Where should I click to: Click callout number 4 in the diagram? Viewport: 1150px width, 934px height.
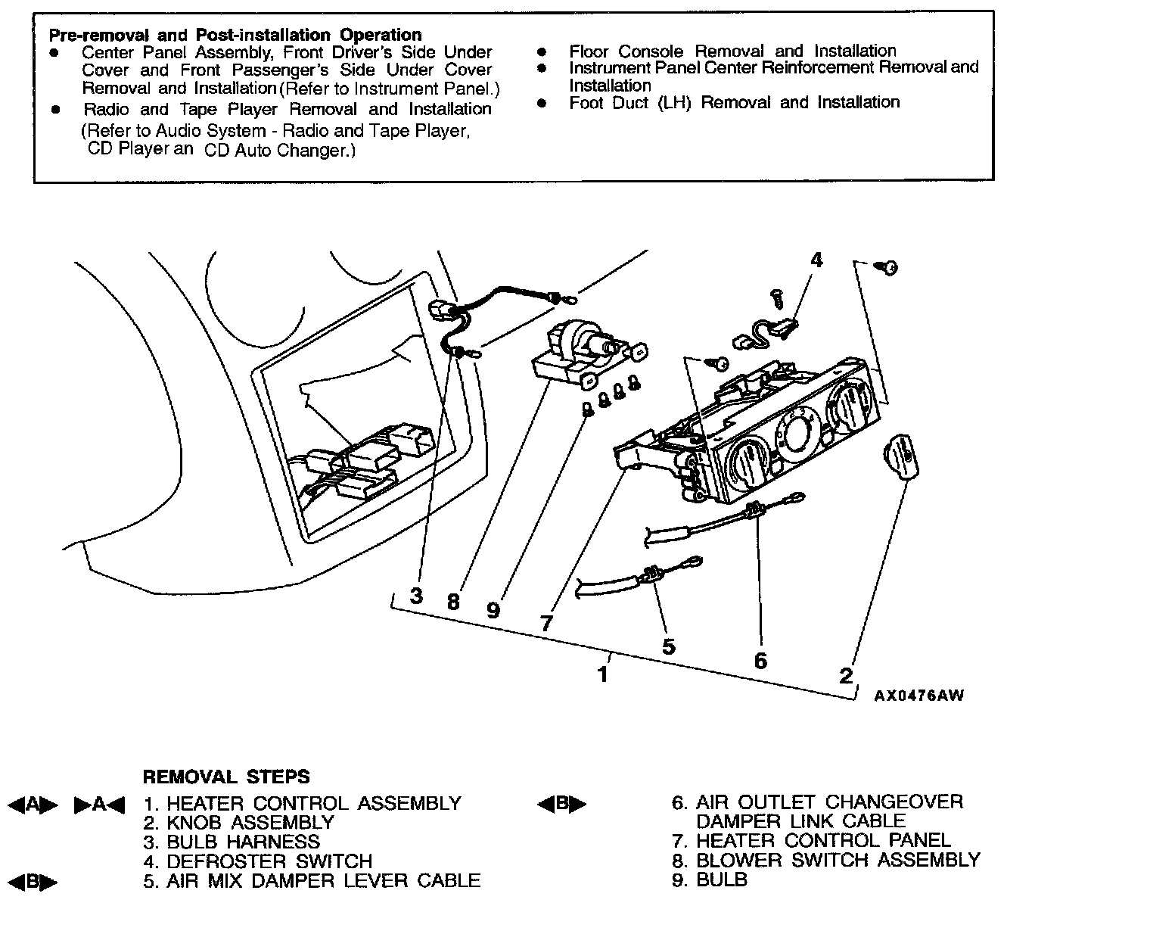[816, 260]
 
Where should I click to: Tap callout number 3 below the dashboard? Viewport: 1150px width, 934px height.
[416, 596]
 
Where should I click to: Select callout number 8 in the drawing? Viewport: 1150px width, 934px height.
[453, 602]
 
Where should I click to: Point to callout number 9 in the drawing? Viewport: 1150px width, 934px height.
[493, 609]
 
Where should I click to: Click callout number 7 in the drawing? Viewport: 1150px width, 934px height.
[546, 623]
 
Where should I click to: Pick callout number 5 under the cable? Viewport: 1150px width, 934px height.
[668, 646]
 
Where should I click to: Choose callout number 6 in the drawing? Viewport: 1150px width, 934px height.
[760, 660]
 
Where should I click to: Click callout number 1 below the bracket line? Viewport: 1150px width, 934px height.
[603, 674]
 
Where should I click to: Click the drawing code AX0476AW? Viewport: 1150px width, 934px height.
[919, 696]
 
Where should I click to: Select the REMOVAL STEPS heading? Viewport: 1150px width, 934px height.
[226, 777]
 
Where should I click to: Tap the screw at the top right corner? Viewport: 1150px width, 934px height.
[888, 267]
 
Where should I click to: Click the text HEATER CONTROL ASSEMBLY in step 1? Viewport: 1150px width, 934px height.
[313, 803]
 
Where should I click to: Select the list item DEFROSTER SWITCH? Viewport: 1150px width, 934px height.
[269, 861]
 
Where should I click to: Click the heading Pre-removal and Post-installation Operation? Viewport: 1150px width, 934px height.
[235, 35]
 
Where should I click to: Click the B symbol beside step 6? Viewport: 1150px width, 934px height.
[561, 804]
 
